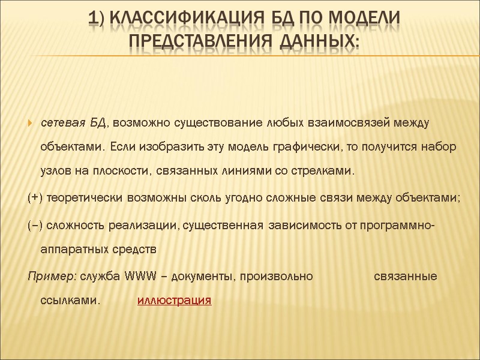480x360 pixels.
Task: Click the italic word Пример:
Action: pos(52,277)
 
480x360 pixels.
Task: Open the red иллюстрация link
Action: pos(174,300)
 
